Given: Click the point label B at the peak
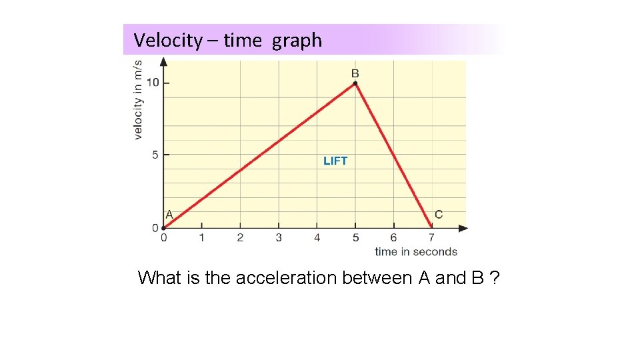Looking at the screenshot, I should coord(355,73).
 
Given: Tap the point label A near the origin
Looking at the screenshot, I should coord(169,215).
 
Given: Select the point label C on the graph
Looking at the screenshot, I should coord(438,214).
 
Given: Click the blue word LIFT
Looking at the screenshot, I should coord(335,161).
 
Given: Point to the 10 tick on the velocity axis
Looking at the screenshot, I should coord(153,83).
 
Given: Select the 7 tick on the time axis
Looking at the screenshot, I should coord(431,237).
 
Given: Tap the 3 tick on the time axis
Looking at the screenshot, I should coord(279,237).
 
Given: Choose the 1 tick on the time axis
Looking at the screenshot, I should coord(202,237).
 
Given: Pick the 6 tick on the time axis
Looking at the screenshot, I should coord(393,237).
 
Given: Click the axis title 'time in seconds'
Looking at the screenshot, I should coord(416,252).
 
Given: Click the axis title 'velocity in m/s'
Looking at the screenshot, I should coord(138,100).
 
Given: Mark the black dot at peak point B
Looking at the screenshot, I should coord(355,83).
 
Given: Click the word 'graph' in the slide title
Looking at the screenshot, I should coord(297,41).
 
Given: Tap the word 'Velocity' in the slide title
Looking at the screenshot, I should coord(167,40).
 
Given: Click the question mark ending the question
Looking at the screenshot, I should coord(493,278).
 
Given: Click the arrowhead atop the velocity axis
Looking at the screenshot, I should coord(164,62).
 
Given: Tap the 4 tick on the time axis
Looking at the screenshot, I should coord(317,237).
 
